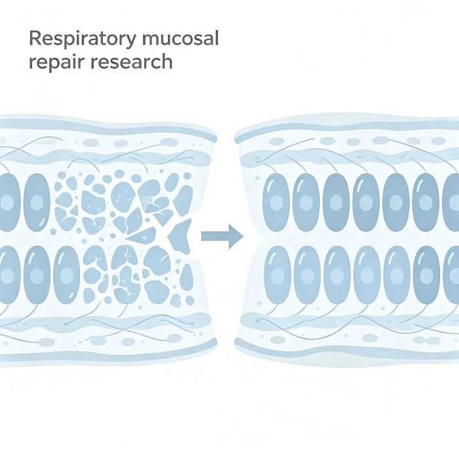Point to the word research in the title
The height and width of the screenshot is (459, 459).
[131, 62]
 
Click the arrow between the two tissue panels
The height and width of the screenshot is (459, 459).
[222, 236]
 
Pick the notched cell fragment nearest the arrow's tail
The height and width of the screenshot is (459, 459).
[180, 235]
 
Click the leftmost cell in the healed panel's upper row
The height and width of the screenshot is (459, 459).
[276, 202]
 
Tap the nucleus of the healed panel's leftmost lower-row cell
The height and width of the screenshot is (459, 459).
[277, 275]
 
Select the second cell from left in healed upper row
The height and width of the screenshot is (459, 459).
[306, 202]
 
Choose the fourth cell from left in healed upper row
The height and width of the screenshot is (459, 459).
[366, 202]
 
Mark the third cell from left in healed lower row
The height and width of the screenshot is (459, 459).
[337, 275]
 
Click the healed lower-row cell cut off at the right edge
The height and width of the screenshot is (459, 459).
[452, 275]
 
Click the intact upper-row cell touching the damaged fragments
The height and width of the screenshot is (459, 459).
[37, 202]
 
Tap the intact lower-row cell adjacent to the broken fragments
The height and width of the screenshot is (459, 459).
[66, 275]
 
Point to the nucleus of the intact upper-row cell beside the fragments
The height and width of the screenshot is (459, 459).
[37, 202]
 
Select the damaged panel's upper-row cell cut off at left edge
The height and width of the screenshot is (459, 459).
[9, 202]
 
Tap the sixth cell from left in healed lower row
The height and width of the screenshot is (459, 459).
[426, 275]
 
